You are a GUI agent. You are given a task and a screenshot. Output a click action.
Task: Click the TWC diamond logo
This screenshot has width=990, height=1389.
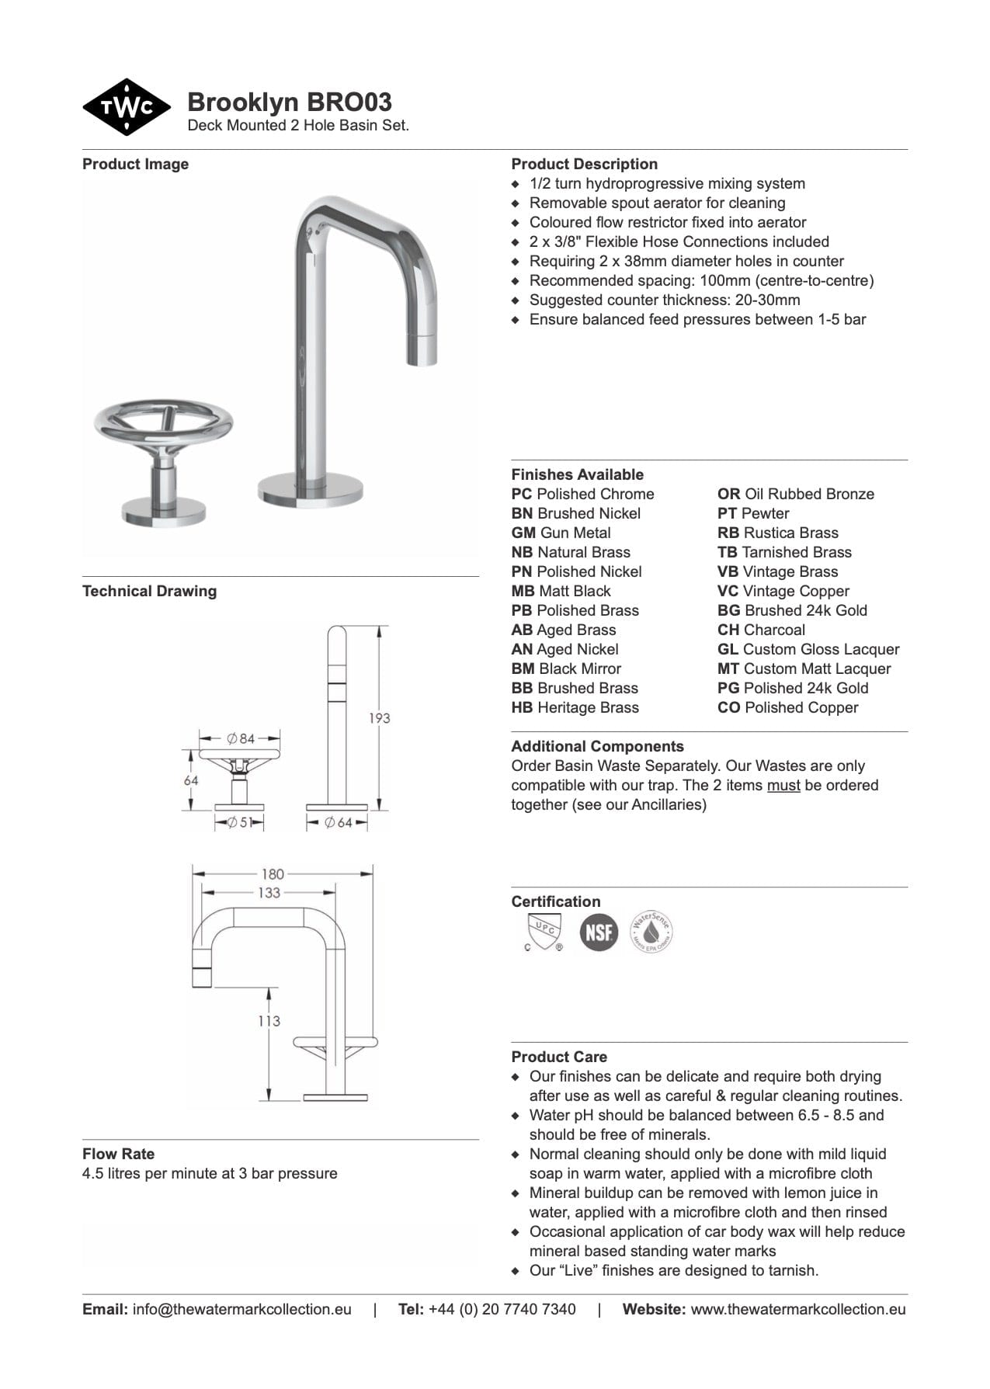point(127,107)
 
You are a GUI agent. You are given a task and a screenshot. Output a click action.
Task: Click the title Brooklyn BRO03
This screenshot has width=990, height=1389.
point(290,102)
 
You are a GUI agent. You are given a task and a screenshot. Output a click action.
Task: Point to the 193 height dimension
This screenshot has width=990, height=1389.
point(379,718)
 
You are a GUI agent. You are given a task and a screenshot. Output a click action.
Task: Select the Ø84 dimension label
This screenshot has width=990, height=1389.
point(241,738)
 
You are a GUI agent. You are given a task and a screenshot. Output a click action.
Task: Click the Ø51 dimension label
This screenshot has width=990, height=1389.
point(239,822)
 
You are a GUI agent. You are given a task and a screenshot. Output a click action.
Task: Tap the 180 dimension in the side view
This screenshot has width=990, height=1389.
point(273,873)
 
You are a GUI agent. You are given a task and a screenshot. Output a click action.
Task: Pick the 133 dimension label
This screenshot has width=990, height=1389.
point(269,893)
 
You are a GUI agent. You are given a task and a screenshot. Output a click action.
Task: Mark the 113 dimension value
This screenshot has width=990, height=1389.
point(269,1021)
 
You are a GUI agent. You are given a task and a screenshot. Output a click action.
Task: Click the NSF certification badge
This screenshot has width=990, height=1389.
point(599,932)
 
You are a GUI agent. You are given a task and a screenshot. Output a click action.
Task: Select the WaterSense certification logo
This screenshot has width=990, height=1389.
point(651,931)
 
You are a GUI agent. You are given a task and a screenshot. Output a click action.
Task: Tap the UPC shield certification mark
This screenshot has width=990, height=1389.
point(543,932)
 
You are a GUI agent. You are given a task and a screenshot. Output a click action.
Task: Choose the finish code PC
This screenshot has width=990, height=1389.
point(522,494)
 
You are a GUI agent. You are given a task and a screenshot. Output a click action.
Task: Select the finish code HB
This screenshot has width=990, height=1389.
point(522,707)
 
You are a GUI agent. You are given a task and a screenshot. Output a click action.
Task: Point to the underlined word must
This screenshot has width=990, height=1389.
point(783,785)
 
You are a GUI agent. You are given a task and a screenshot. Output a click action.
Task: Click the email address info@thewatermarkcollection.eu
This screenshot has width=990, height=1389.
point(241,1309)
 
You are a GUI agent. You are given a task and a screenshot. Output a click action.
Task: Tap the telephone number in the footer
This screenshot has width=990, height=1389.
point(502,1309)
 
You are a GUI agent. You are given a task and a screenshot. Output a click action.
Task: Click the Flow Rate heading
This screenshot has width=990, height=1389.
point(118,1154)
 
